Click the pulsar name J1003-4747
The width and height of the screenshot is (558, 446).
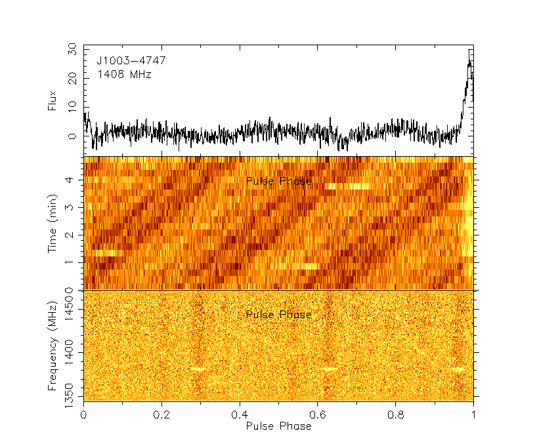131,61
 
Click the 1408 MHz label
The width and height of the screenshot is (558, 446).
124,75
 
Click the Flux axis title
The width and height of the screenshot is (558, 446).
52,100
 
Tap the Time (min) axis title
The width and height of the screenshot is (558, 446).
52,223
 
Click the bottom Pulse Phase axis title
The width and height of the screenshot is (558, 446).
278,426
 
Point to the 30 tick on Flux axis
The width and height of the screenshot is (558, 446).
71,50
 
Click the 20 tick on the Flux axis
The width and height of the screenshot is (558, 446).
71,78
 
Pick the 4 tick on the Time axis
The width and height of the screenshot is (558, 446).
74,179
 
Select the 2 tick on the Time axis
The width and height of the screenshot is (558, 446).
74,235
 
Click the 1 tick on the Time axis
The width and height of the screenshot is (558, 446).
74,262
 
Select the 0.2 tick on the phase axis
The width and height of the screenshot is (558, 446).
161,415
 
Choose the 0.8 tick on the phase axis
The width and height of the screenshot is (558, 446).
395,415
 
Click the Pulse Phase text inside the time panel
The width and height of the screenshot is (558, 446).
278,181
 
